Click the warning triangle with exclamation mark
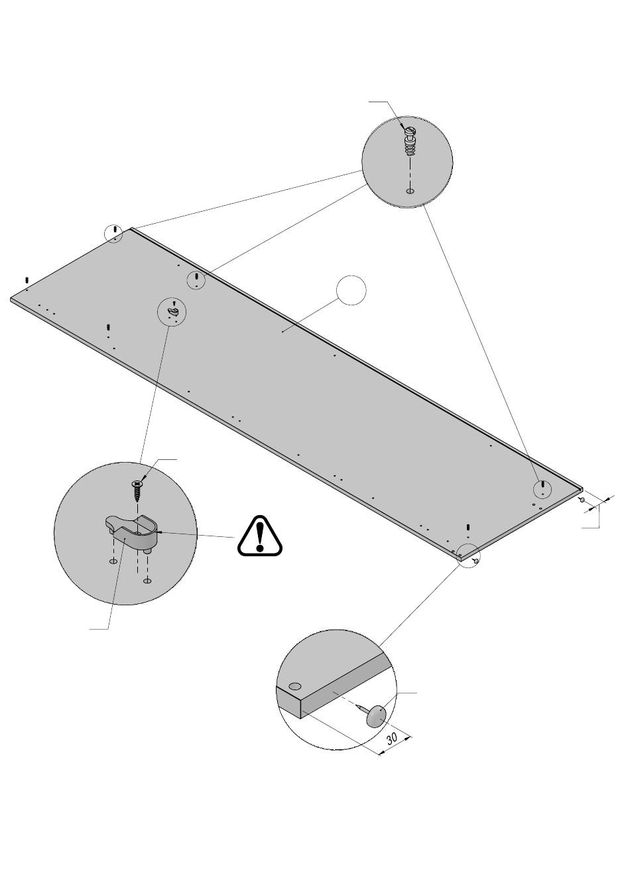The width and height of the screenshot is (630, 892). coord(260,535)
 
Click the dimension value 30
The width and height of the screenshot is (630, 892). coord(392,738)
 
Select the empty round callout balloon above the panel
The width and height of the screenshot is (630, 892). coord(351,290)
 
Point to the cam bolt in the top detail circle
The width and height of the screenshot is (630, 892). coord(410,141)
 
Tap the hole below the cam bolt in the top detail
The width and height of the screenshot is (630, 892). coord(410,191)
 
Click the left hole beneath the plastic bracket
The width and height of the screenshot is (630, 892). coord(113,562)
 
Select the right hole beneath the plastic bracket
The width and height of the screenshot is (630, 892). coord(147,581)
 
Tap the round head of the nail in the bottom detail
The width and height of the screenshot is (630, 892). coord(375,717)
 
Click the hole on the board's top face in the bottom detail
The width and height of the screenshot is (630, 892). coord(295,686)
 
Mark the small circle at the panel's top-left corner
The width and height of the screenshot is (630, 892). coord(115,233)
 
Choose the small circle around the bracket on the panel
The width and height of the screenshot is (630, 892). coord(172,311)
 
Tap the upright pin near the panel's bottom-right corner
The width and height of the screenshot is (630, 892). coord(468,528)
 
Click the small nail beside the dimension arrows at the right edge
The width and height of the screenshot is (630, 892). coord(582,500)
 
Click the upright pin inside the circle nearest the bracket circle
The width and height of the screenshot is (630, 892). coord(197,277)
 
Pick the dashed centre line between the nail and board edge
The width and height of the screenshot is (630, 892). coord(345,700)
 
